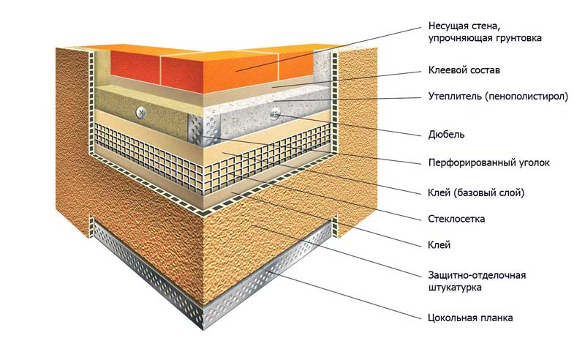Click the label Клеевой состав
(x=464, y=70)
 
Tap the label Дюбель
(x=446, y=134)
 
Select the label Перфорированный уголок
(x=488, y=163)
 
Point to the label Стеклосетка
(x=456, y=219)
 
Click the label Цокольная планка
(x=470, y=318)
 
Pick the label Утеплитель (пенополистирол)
(x=498, y=97)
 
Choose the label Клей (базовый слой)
(x=476, y=192)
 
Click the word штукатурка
(x=454, y=288)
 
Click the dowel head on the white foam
(x=276, y=113)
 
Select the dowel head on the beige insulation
(x=141, y=112)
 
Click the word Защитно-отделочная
(x=477, y=276)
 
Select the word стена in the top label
(x=484, y=27)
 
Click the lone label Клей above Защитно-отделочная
(x=439, y=244)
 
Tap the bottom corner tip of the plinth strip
(x=204, y=330)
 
